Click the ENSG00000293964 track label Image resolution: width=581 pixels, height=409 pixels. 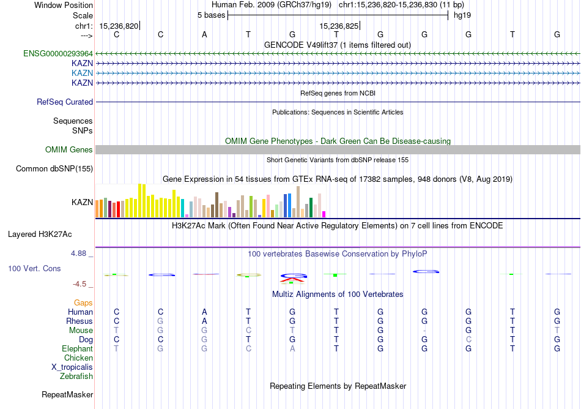coord(58,53)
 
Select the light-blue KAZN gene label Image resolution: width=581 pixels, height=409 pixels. coord(82,73)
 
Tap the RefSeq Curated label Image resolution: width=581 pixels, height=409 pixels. coord(65,102)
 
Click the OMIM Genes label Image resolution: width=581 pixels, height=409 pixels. coord(69,150)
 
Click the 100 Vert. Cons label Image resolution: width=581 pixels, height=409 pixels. coord(35,268)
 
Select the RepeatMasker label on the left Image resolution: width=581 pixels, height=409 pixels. coord(67,395)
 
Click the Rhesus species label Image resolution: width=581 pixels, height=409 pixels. coord(80,321)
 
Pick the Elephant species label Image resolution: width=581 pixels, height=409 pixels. coord(78,349)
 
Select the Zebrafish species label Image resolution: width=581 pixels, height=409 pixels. coord(76,377)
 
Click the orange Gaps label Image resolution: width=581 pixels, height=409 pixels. coord(83,303)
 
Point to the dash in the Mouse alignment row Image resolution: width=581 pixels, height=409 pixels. coord(424,331)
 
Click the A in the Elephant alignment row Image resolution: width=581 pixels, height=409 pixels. coord(292,349)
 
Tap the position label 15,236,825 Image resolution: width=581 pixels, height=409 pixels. coord(339,26)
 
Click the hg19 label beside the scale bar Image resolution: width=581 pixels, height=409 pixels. coord(462,15)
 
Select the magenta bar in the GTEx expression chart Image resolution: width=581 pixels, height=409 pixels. coord(324,214)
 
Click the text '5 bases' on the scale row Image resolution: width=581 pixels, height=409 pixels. coord(211,15)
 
